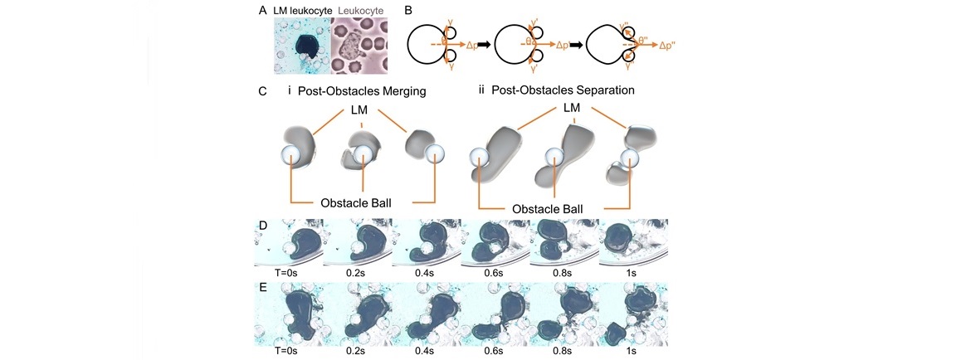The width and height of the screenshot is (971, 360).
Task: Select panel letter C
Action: [263, 90]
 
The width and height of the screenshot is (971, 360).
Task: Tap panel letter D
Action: [262, 224]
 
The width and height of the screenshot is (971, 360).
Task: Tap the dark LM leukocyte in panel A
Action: [305, 46]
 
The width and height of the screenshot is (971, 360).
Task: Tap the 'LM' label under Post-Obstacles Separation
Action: [571, 108]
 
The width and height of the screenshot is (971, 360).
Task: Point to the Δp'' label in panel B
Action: [670, 46]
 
